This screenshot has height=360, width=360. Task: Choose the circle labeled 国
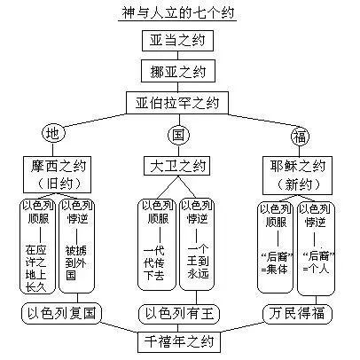[x=178, y=135]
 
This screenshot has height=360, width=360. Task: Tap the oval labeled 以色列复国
[x=59, y=312]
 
